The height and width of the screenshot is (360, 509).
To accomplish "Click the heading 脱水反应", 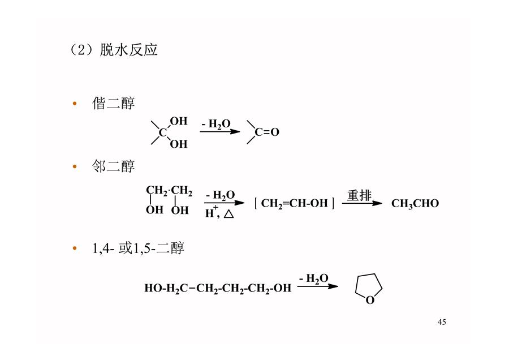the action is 128,50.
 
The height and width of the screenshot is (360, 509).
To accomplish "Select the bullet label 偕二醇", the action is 113,104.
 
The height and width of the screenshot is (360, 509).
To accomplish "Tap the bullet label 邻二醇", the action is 113,166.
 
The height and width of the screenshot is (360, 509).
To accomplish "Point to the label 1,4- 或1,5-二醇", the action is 139,248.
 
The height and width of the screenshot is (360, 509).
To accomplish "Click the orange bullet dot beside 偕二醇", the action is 75,104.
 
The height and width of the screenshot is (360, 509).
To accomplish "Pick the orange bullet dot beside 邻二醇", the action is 75,166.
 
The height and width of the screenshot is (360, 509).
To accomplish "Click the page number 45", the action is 442,322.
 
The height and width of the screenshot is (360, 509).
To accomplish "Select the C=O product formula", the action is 263,132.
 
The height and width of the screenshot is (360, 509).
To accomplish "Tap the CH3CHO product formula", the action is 415,203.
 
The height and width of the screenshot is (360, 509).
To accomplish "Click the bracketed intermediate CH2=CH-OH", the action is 295,203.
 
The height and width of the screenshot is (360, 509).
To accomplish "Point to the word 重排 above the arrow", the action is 359,195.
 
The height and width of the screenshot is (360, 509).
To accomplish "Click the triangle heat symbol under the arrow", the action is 229,213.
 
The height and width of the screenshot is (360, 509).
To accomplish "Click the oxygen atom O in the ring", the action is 370,300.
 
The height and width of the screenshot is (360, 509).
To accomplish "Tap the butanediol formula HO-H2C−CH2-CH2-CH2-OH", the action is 218,288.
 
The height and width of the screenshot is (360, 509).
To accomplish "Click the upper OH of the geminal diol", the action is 179,121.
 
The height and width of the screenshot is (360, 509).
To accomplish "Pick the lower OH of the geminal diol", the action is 179,144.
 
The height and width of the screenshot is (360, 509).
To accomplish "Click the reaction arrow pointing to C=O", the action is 220,131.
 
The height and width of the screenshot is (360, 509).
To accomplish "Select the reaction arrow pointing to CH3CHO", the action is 363,203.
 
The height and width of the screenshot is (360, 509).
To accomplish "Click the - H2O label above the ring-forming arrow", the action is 313,278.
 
